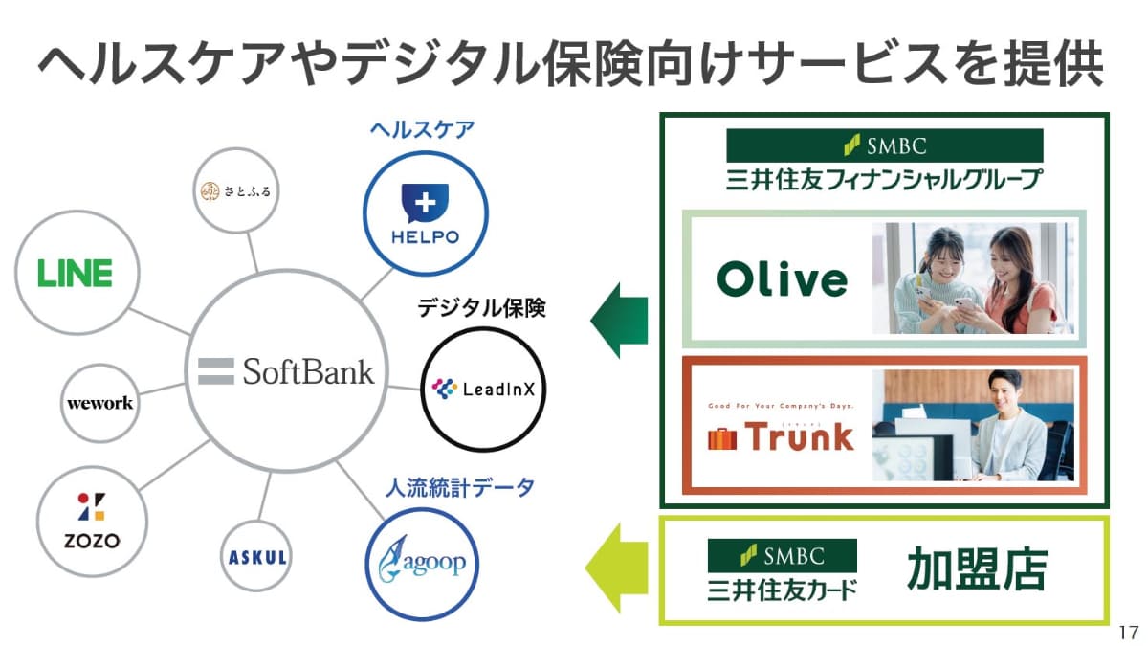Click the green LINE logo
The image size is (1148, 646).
[x=75, y=273]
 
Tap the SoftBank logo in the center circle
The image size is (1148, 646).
[x=286, y=371]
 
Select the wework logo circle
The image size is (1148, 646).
[x=99, y=403]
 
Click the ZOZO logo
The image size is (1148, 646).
[x=92, y=522]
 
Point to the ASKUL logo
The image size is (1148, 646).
[x=258, y=557]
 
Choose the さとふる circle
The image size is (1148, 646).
[x=235, y=190]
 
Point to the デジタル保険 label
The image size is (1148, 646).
[x=481, y=308]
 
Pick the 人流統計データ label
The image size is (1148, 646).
[x=459, y=489]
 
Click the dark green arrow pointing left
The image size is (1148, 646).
[x=619, y=320]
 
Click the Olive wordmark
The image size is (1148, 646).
[x=782, y=279]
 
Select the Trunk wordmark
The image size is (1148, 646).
[x=781, y=436]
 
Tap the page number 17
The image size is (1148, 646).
[x=1127, y=633]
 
